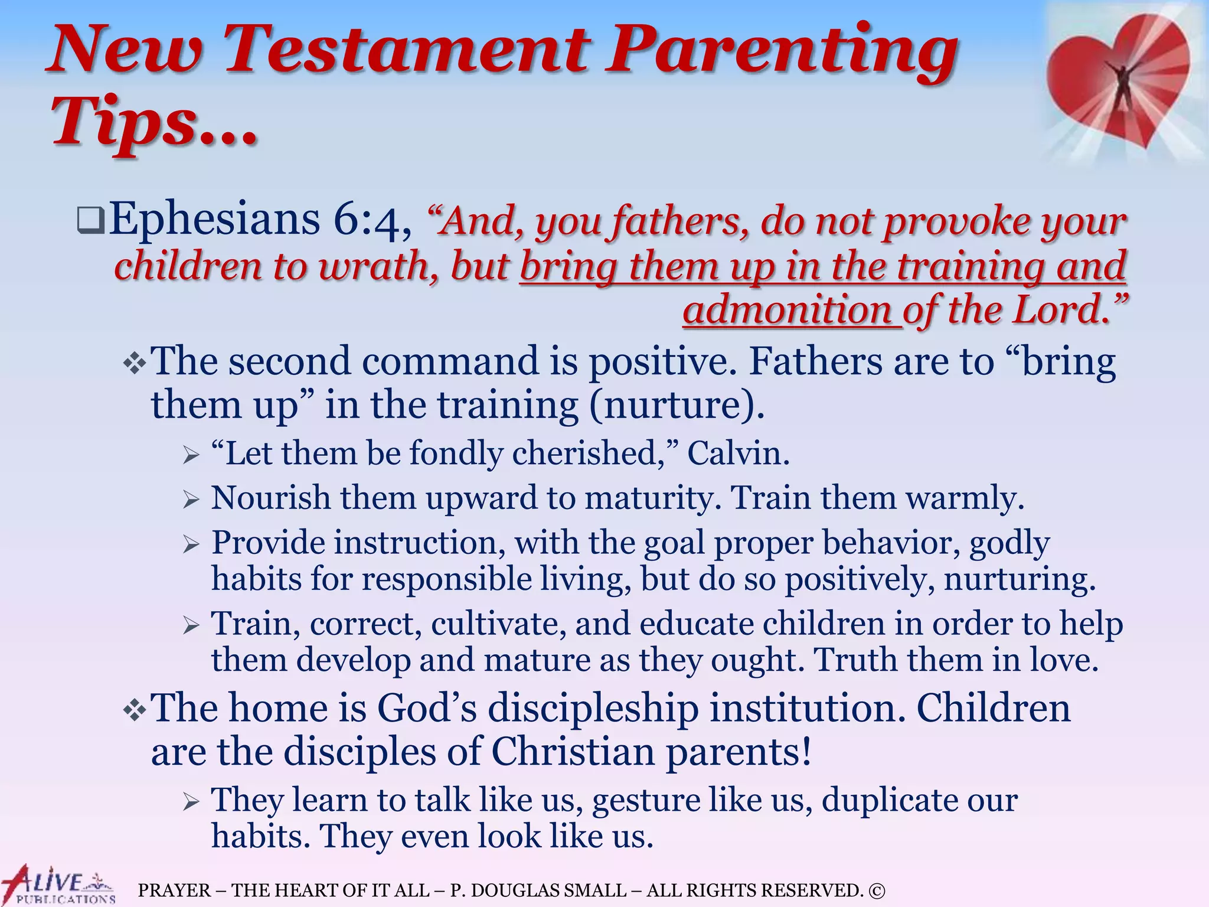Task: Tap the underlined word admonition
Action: (792, 311)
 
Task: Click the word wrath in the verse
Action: (378, 266)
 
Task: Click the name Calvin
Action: (737, 453)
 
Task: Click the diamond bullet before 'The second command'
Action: (135, 362)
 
